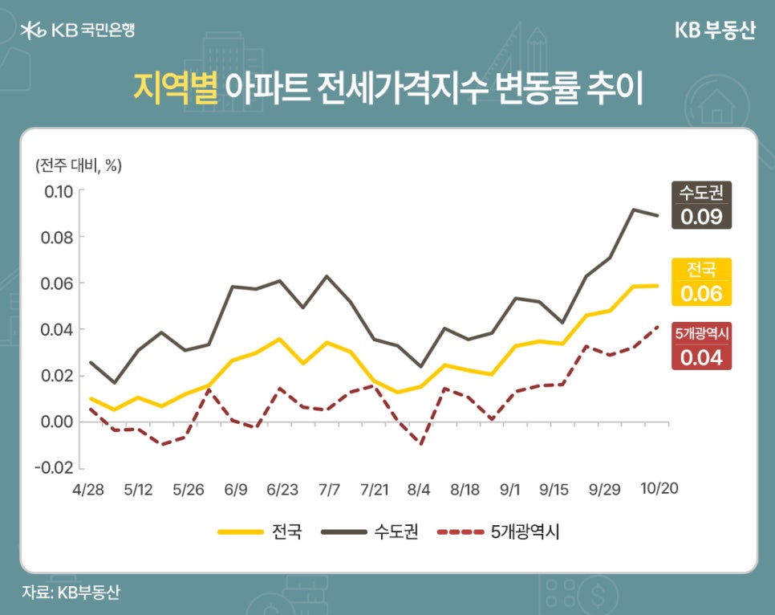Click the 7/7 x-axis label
coord(330,489)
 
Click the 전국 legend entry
coord(260,532)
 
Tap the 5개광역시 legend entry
coord(498,532)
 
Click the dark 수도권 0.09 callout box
coord(702,205)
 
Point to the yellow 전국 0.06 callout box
coord(702,282)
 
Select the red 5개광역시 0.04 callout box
coord(702,346)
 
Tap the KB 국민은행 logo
coord(78,31)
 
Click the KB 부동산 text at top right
coord(714,31)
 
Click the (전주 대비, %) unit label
coord(78,165)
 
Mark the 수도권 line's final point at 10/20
coord(659,215)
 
